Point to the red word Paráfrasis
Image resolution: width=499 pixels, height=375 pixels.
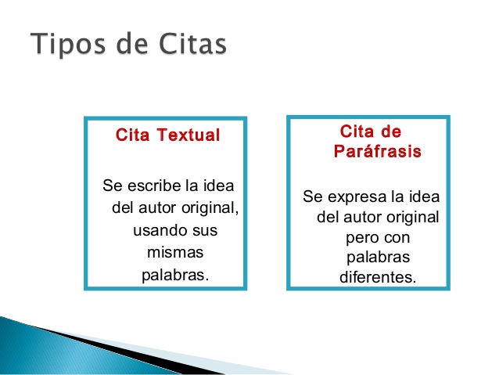click(378, 151)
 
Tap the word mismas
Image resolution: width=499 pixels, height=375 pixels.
click(175, 253)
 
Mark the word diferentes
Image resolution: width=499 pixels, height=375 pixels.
click(378, 277)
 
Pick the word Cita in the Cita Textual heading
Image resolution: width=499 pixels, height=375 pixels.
click(133, 135)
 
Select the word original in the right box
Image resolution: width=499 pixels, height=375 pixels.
click(413, 216)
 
